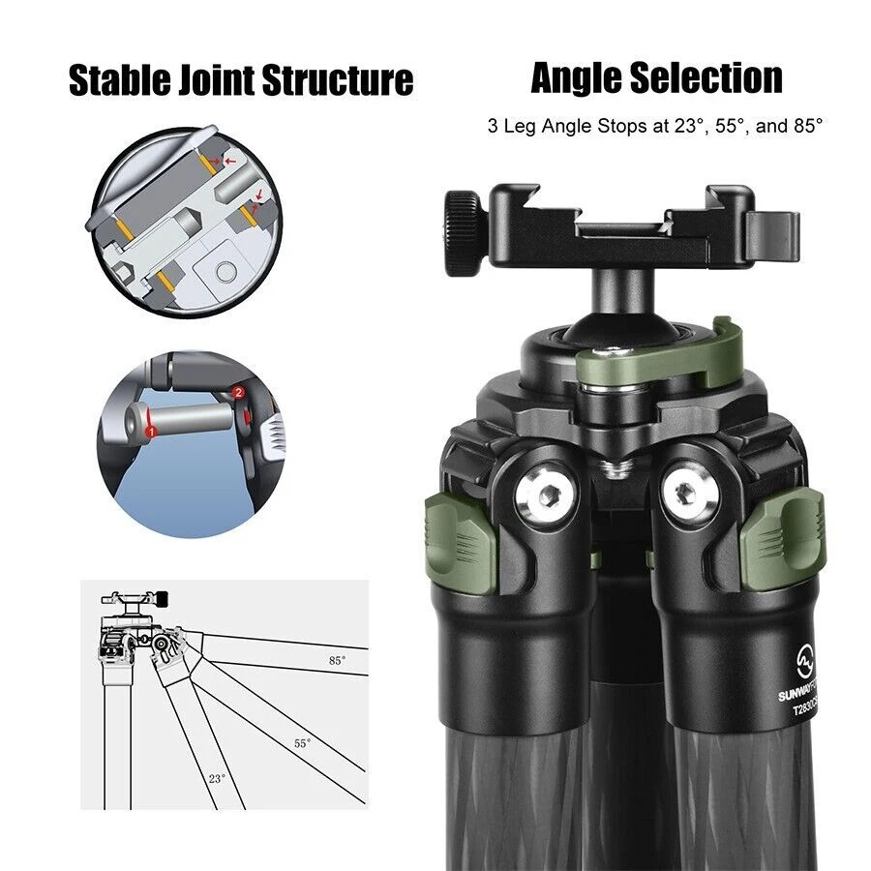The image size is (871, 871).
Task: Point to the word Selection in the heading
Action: [x=708, y=77]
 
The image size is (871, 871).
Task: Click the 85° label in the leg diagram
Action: [x=337, y=660]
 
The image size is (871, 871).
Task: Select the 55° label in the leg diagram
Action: [x=303, y=743]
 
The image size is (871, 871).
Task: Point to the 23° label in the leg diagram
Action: [x=217, y=777]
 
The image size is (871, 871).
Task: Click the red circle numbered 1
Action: [x=151, y=428]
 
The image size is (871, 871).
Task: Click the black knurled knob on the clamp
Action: [x=464, y=224]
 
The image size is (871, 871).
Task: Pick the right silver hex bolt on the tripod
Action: [x=686, y=491]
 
